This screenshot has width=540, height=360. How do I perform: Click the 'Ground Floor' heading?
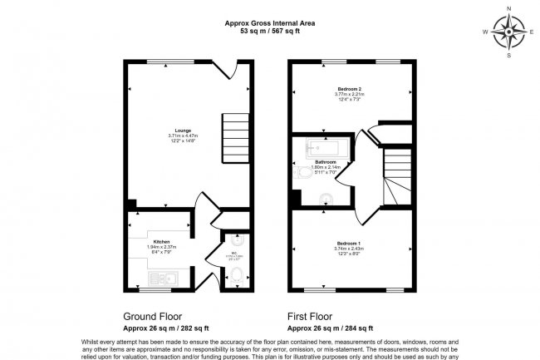153,316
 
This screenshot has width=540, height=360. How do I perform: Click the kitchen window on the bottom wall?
150,290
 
